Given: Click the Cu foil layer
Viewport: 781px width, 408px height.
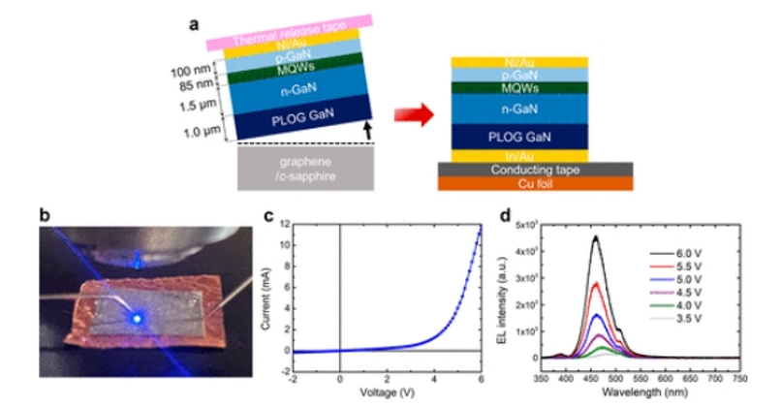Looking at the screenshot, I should click(x=536, y=182).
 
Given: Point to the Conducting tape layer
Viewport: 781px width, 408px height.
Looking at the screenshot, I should click(x=536, y=169).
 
